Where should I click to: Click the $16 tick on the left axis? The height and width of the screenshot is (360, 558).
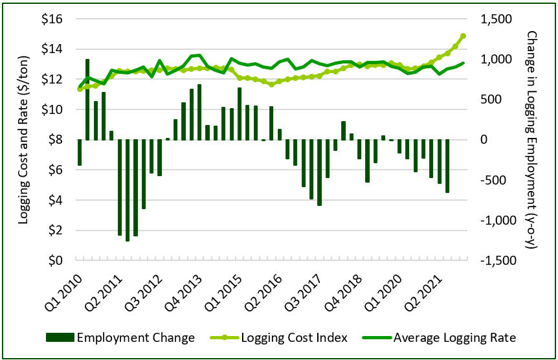(52, 19)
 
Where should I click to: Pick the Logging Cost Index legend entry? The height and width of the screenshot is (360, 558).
(281, 337)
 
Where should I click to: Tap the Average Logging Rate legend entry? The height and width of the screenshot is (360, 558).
(449, 337)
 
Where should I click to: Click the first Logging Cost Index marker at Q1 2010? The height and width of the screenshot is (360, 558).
(80, 89)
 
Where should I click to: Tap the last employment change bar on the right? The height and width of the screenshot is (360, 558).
(447, 166)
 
